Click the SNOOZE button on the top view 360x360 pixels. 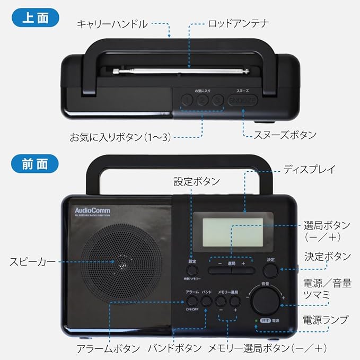242,100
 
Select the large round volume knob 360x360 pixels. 265,301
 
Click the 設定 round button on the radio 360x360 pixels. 192,270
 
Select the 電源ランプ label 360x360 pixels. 326,320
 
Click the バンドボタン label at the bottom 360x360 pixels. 174,348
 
